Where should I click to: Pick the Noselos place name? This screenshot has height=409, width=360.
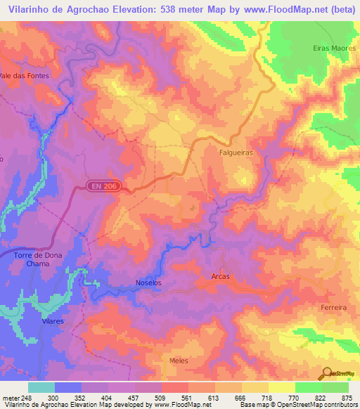pos(148,283)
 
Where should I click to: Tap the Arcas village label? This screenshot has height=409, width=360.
pos(220,277)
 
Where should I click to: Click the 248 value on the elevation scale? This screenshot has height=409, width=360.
pos(27,398)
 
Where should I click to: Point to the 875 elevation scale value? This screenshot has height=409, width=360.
pos(347,398)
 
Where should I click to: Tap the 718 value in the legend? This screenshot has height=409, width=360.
pos(266,398)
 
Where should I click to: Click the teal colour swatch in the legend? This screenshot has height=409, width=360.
pos(41,387)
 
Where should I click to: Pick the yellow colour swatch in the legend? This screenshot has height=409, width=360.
pos(281,387)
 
